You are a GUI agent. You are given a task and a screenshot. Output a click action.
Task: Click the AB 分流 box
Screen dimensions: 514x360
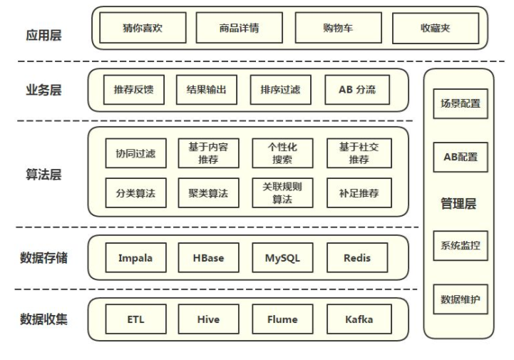357,91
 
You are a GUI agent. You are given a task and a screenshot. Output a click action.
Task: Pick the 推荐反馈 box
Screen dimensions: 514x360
134,91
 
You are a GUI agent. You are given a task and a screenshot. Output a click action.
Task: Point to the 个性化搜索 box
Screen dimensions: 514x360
282,153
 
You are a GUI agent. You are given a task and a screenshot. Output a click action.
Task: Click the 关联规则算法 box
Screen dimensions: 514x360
282,192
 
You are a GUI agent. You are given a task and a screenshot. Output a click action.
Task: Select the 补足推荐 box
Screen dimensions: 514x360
359,192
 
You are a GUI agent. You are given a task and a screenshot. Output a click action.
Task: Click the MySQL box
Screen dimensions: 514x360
282,257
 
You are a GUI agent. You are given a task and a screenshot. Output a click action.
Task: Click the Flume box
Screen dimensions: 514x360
282,319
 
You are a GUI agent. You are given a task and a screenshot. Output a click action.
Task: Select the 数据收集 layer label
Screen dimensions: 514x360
44,319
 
